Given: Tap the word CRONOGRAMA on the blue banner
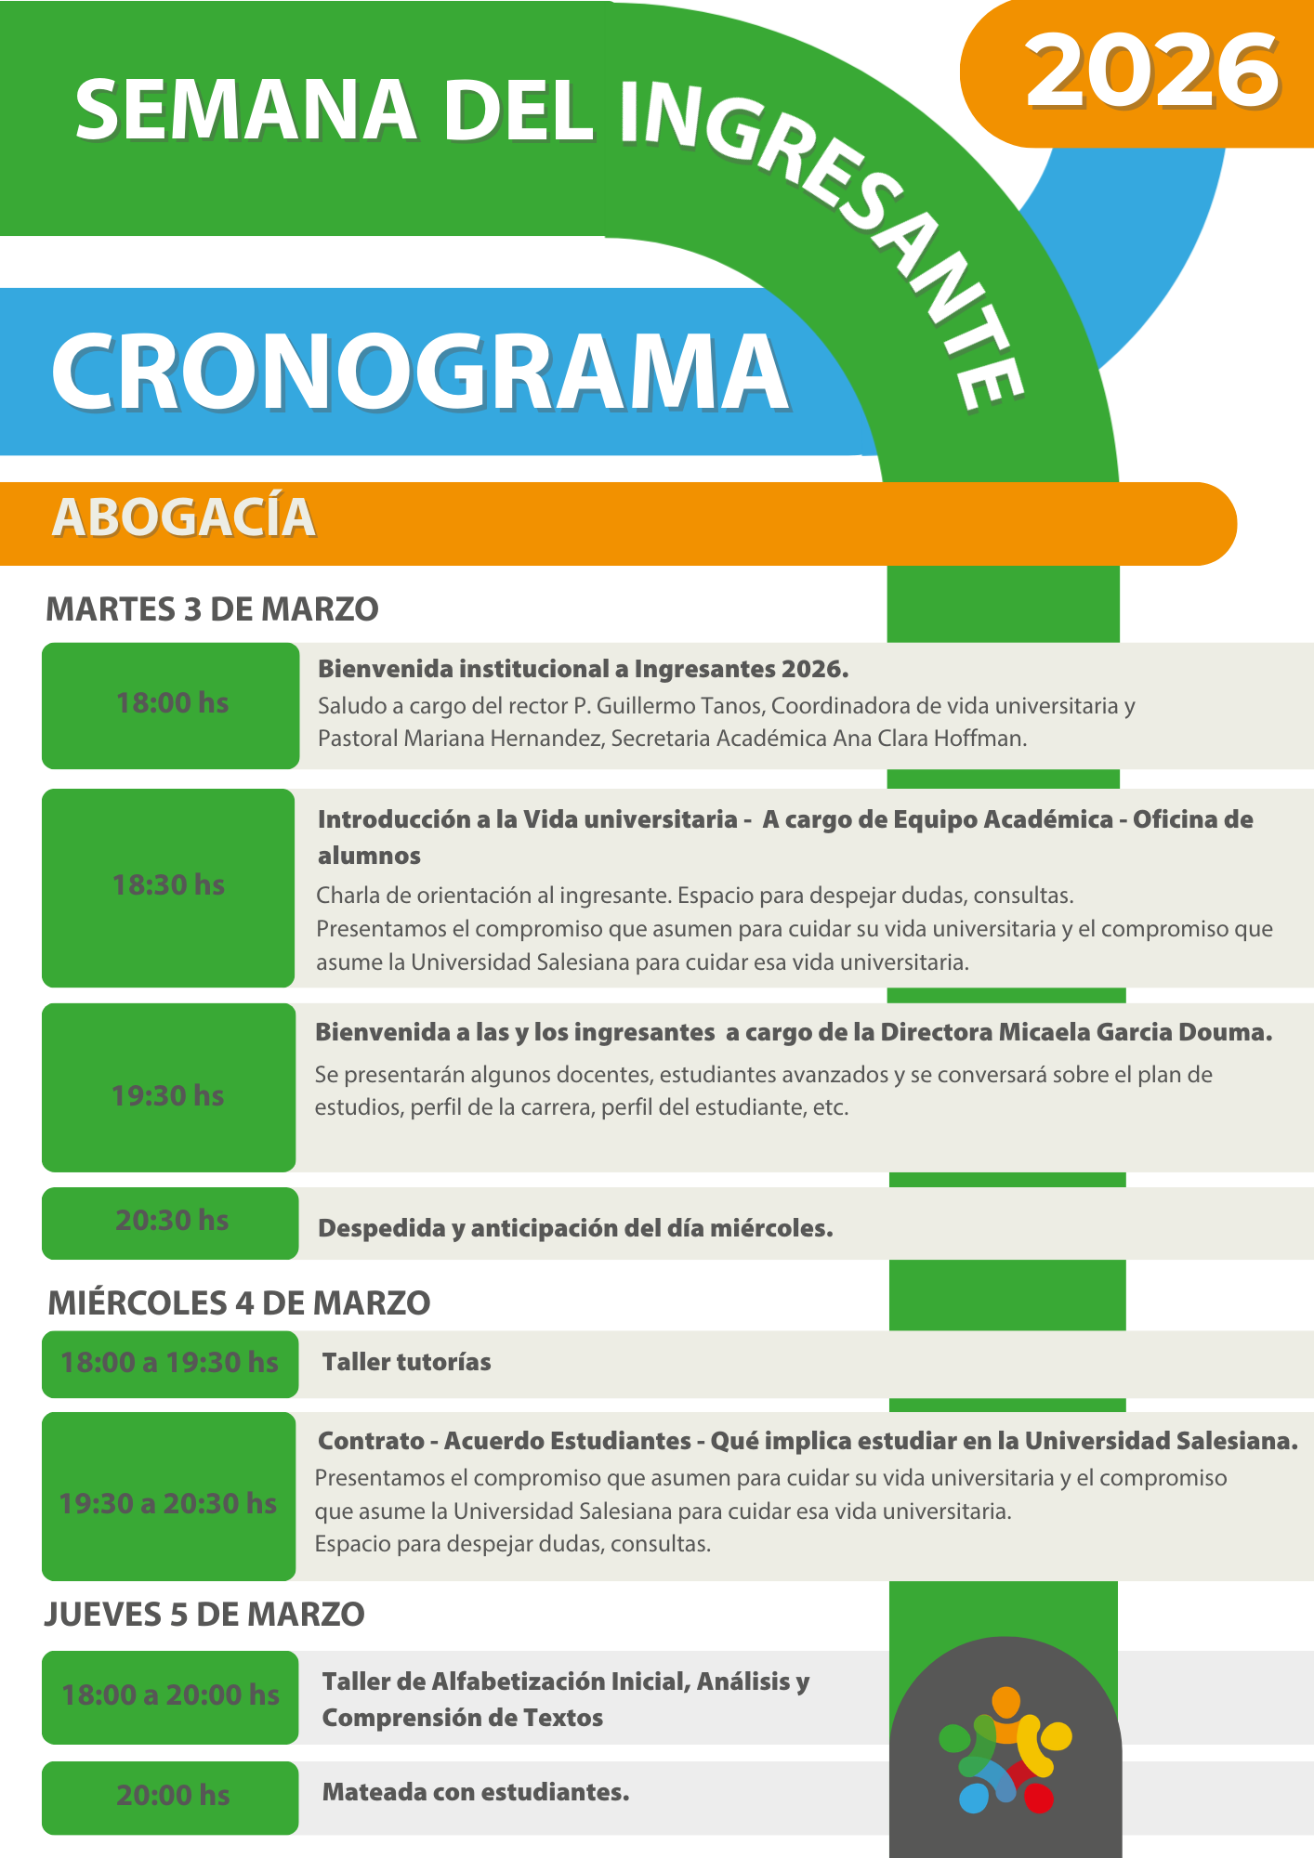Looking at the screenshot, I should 420,372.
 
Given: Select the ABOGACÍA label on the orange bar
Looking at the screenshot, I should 184,517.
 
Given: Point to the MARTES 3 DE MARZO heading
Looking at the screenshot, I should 212,609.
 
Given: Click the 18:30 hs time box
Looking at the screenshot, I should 169,886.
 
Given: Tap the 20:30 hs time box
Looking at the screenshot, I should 171,1221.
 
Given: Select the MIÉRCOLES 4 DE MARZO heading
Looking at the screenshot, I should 239,1303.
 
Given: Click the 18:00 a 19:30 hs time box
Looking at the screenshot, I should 170,1363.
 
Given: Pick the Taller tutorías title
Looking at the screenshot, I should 406,1363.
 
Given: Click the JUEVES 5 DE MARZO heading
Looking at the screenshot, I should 204,1615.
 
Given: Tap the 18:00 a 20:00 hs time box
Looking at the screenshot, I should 170,1695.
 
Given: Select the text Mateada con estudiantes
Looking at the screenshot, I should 476,1792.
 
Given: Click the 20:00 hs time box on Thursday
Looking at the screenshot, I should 171,1796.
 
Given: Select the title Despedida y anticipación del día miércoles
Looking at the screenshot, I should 575,1228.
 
